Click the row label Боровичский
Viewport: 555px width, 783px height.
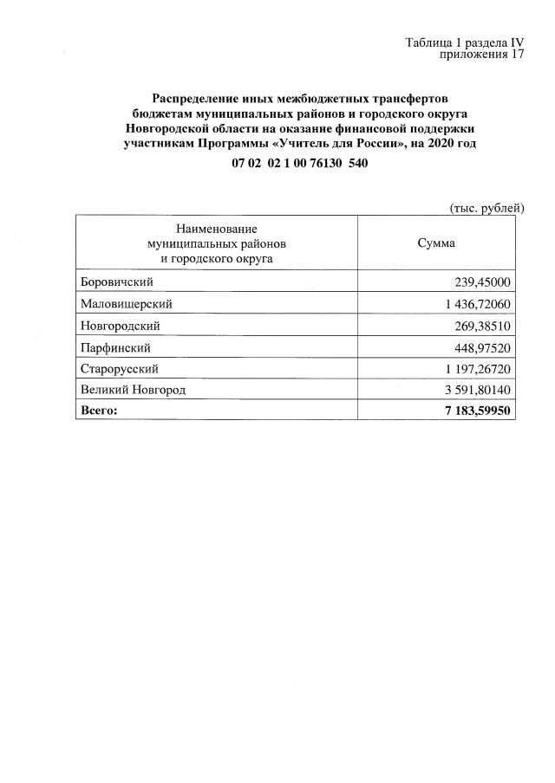coord(116,282)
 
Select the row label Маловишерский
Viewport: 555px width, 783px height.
coord(126,304)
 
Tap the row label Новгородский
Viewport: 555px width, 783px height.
coord(120,326)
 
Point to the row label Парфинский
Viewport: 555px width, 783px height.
coord(115,347)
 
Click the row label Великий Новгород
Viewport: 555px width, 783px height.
coord(132,391)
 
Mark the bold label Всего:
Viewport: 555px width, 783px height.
coord(98,411)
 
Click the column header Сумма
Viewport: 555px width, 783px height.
coord(436,243)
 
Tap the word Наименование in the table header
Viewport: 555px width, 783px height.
coord(217,229)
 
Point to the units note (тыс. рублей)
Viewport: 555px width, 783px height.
coord(486,208)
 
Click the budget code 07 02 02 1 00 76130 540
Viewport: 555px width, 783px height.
coord(294,164)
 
